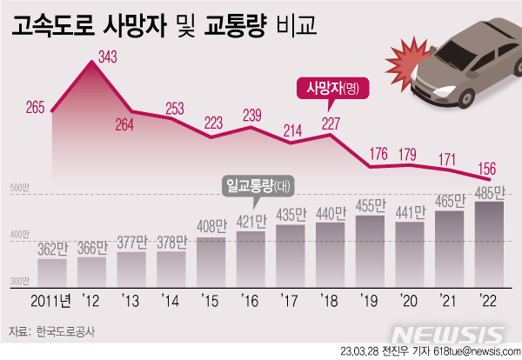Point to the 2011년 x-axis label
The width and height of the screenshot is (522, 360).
pyautogui.click(x=51, y=301)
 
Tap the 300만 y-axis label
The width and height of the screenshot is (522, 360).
pyautogui.click(x=20, y=281)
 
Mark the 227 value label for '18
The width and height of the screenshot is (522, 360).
pyautogui.click(x=329, y=123)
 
